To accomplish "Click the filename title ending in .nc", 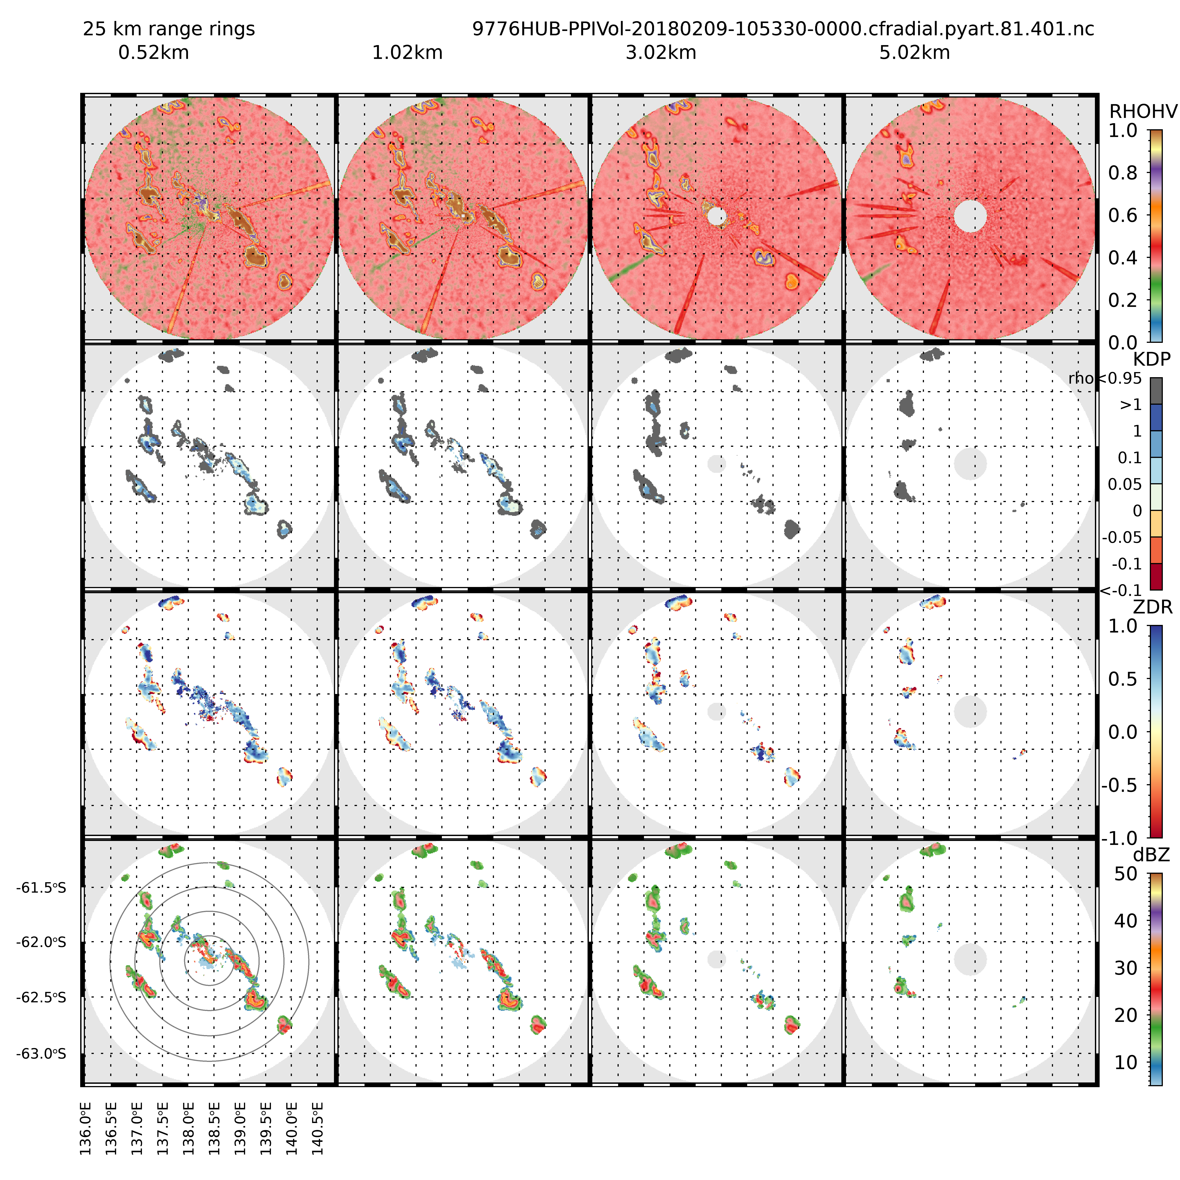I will [783, 29].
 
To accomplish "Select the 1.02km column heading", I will [407, 52].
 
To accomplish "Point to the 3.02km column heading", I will [661, 52].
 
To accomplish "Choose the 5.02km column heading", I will [914, 52].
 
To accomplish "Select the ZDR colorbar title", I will [1152, 607].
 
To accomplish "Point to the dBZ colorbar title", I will [1151, 855].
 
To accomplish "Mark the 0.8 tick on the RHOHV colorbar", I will [1123, 173].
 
